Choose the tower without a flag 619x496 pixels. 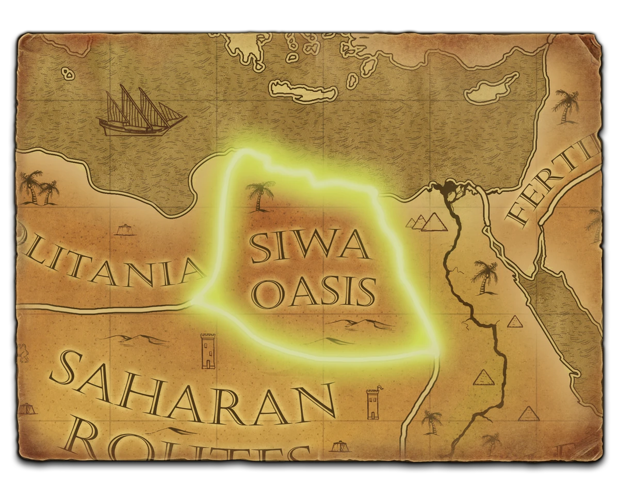(x=208, y=351)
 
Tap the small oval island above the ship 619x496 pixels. (x=68, y=73)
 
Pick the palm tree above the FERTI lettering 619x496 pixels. (x=566, y=106)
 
